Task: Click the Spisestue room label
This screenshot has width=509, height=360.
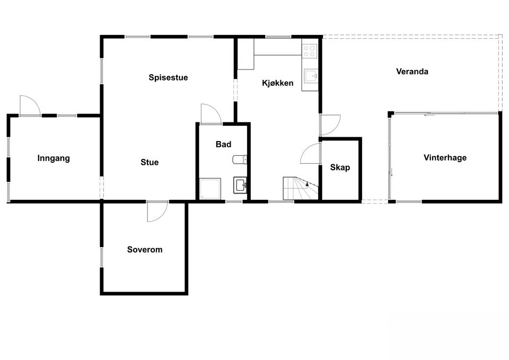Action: point(168,77)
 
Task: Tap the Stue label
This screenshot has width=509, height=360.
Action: point(150,162)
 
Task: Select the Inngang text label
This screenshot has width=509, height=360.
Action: point(54,158)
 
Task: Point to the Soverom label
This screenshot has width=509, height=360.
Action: point(145,249)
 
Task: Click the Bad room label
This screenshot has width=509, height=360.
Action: point(223,144)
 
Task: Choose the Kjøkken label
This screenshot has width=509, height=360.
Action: point(278,83)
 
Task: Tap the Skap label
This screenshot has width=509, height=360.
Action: point(340,168)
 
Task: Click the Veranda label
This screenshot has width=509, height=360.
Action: point(412,71)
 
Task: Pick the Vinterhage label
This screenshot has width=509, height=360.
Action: point(445,157)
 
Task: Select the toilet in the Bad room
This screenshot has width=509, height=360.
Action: point(240,160)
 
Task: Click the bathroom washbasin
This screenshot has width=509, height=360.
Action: point(240,185)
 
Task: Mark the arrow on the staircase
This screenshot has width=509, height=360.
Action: point(307,184)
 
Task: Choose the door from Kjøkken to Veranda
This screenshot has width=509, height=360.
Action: point(330,125)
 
